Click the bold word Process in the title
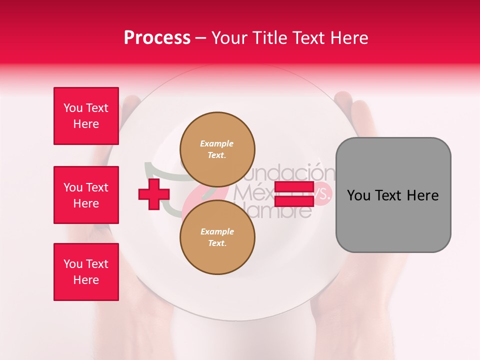click(x=157, y=38)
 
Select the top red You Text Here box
click(x=86, y=116)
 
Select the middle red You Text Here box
click(x=86, y=195)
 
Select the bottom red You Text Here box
click(x=86, y=272)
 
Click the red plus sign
click(x=154, y=195)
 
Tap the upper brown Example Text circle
click(x=217, y=149)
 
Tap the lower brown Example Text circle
click(x=217, y=237)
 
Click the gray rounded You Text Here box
click(x=393, y=195)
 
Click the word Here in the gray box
click(x=422, y=195)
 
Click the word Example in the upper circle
click(x=216, y=143)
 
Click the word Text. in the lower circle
click(x=217, y=243)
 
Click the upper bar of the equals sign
click(x=294, y=187)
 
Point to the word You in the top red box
click(x=73, y=108)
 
